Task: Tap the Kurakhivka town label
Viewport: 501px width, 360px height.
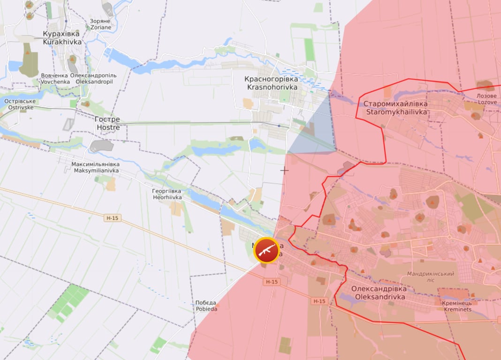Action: (61, 38)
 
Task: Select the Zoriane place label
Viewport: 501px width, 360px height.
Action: (101, 24)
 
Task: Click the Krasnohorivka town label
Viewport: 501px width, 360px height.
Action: (271, 83)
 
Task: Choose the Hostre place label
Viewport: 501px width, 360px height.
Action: (108, 123)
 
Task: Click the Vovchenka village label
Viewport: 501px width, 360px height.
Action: (55, 78)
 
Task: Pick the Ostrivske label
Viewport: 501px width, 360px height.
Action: (19, 104)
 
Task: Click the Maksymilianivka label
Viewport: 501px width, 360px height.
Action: (96, 167)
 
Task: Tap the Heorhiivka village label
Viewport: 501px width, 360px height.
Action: (167, 195)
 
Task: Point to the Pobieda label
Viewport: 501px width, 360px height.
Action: (206, 306)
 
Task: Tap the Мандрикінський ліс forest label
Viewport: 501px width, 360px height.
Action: (430, 277)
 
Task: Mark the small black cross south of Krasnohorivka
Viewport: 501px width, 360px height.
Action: (284, 170)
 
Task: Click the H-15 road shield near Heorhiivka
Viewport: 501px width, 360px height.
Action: (112, 217)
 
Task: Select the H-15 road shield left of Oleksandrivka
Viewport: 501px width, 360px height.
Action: (319, 301)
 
